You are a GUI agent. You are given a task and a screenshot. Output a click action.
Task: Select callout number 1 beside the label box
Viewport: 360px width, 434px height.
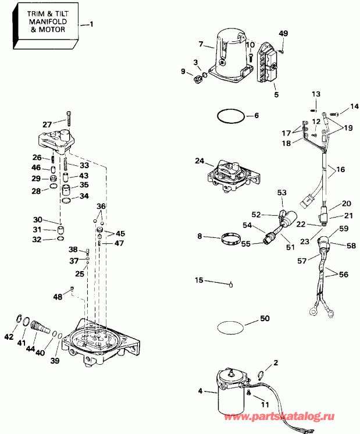coord(90,24)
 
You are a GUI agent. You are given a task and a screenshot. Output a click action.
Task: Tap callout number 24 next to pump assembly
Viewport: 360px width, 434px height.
coord(199,161)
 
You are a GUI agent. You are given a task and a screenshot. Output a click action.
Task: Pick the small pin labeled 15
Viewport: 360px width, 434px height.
coord(230,284)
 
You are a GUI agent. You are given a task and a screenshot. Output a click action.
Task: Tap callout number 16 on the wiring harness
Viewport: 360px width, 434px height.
coord(340,170)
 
